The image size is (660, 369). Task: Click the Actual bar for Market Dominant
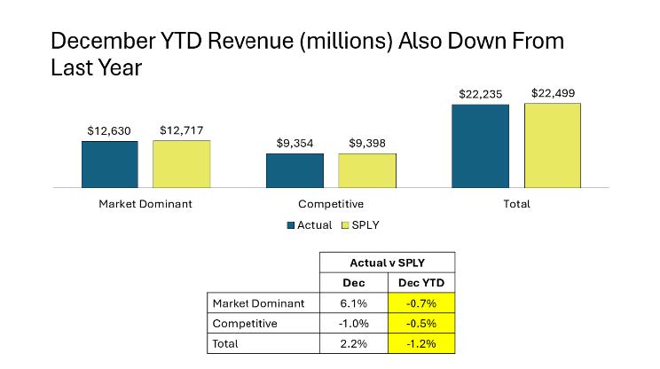pos(110,164)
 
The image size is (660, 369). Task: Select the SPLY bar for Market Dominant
pos(181,164)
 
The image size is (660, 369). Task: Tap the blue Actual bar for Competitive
pos(295,170)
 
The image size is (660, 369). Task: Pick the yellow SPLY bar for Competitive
pos(366,170)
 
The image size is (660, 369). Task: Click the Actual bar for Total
pos(480,145)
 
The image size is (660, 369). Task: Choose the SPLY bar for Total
pos(552,145)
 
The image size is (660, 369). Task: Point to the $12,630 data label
pos(110,130)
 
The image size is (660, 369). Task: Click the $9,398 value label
pos(366,143)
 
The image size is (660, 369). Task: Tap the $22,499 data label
pos(552,93)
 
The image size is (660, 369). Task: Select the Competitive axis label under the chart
pos(331,204)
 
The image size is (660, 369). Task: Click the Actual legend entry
pos(310,225)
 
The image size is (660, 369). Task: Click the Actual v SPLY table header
pos(387,263)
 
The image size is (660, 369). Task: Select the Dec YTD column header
pos(421,284)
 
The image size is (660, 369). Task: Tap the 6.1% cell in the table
pos(353,303)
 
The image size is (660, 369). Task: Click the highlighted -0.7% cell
pos(421,303)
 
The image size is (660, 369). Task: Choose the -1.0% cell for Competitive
pos(353,323)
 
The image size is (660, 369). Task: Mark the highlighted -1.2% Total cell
pos(421,342)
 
